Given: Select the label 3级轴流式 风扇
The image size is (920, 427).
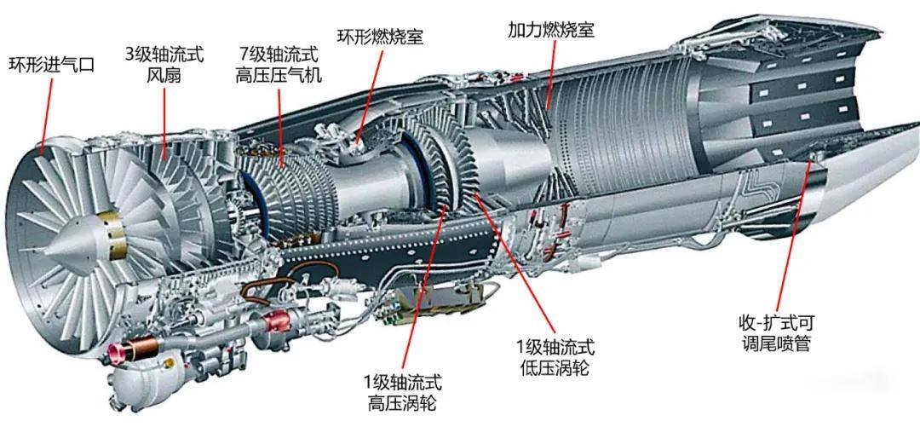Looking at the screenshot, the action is coord(164,65).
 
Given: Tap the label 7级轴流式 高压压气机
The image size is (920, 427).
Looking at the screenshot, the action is coord(278,65).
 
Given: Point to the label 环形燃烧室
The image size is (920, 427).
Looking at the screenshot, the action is coord(380,37).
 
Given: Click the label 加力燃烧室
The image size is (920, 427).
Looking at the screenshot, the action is coord(551,30).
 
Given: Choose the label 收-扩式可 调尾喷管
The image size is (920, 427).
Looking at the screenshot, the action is coord(776,333).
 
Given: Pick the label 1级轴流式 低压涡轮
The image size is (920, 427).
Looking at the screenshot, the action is coord(555,357).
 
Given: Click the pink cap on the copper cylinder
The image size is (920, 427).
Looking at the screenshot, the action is coord(112,352).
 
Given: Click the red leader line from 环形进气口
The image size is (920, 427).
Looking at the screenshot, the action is coord(46,116).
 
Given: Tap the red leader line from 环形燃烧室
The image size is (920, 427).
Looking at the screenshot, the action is coord(371,95).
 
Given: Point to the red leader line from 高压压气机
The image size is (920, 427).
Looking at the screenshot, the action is coord(281,129).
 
